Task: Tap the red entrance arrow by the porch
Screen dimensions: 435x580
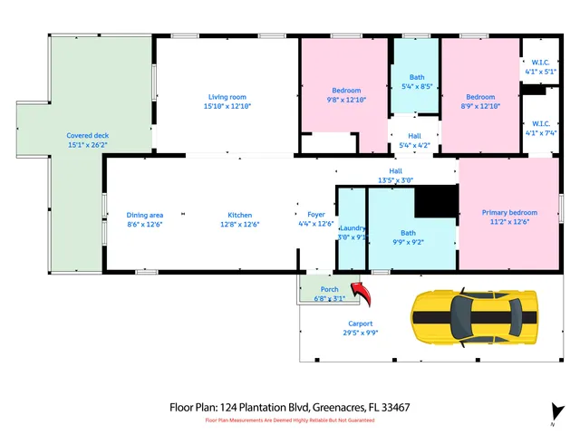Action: (x=362, y=293)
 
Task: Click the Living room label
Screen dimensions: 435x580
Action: (x=227, y=97)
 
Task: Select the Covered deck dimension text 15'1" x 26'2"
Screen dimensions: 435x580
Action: (x=87, y=144)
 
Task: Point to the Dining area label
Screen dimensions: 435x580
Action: (x=144, y=215)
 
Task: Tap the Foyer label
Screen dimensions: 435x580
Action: (x=315, y=215)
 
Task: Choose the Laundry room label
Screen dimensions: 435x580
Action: (x=352, y=228)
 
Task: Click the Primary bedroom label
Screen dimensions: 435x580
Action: (x=509, y=212)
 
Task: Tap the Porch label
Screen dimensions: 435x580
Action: (x=329, y=289)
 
